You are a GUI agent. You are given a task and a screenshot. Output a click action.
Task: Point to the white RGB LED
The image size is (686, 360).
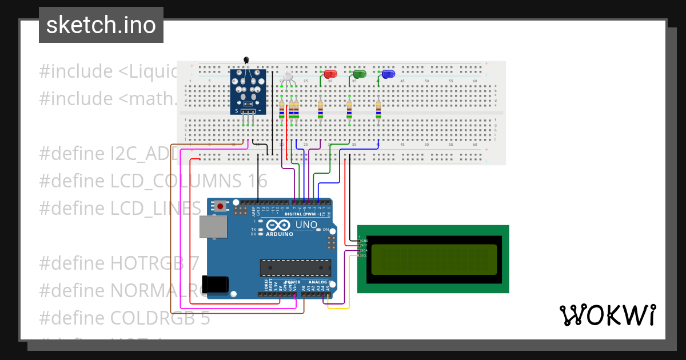pos(288,77)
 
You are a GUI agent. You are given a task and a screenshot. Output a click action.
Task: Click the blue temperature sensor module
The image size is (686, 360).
pos(248,91)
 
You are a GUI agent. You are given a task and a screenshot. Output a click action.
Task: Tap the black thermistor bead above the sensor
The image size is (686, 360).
pos(246,60)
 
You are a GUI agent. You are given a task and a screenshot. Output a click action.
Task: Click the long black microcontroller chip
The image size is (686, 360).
pos(295,267)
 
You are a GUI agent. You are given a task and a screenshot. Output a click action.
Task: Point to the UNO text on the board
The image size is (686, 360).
pos(306,225)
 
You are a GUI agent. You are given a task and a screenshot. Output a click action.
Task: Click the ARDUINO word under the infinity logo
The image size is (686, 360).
pos(280,234)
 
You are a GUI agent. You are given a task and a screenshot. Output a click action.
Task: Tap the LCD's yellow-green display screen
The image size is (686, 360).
pos(434,259)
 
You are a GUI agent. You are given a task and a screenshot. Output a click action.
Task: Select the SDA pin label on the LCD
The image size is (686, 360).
pos(363,250)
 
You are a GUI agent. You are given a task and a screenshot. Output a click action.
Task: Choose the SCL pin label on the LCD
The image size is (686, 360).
pos(363,255)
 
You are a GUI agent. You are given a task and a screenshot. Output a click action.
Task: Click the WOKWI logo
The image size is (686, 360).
pos(607,315)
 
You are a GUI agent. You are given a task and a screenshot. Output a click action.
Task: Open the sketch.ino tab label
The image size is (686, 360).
pos(101,25)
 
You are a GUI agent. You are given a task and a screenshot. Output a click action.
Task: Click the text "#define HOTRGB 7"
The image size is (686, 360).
pos(119,263)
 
